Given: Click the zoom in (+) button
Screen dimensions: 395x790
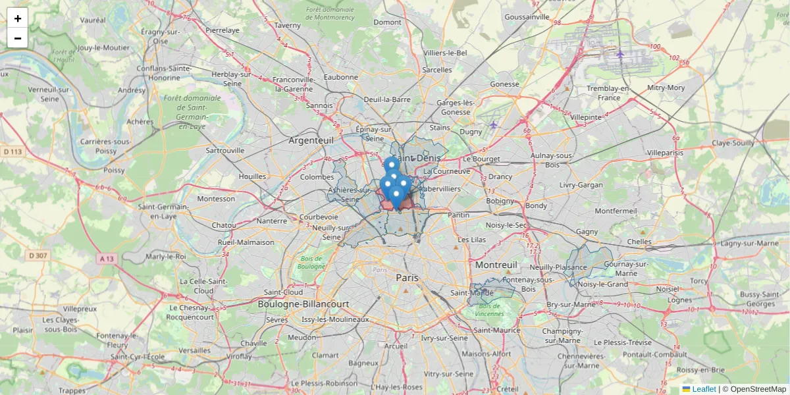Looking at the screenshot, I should [18, 18].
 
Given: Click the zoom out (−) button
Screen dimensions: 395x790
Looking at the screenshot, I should [18, 38].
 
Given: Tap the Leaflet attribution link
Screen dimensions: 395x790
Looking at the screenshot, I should [703, 389].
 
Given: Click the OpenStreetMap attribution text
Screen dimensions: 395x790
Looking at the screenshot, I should [756, 389].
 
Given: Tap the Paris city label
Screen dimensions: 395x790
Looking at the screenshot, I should [407, 278].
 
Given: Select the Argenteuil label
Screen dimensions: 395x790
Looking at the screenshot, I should [311, 140].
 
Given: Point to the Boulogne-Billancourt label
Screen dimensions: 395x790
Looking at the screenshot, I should [303, 304].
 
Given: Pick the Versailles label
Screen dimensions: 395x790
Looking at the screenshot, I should [195, 350].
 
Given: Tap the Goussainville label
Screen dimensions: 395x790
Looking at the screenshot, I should [527, 16].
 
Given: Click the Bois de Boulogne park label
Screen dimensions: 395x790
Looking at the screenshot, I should [311, 263].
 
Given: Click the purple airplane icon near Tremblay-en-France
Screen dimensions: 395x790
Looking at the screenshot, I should [619, 53].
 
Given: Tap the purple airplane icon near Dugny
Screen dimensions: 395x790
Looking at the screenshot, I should [494, 124].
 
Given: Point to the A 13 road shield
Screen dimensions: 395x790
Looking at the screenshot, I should [106, 259].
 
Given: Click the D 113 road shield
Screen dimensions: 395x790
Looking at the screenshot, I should [12, 152].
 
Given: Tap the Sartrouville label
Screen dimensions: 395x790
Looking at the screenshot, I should [225, 150].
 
